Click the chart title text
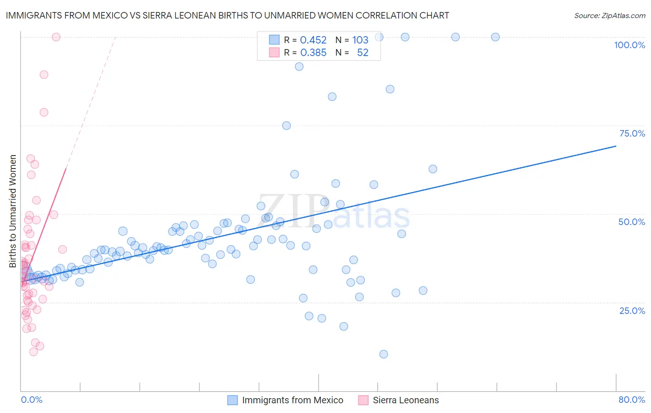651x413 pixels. point(227,16)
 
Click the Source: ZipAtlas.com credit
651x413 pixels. point(609,16)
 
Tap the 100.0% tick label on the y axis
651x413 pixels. point(629,45)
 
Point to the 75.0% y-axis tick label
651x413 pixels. point(632,133)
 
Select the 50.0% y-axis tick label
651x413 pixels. point(632,222)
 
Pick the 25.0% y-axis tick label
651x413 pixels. point(632,311)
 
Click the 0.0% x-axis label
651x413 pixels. point(31,400)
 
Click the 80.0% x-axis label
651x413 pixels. point(632,400)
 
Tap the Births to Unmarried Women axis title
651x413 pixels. point(13,211)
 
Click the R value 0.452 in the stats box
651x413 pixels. point(313,40)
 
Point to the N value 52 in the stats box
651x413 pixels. point(363,53)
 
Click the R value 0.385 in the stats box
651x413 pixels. point(313,53)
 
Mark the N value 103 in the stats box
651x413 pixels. point(360,40)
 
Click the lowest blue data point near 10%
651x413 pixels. point(383,354)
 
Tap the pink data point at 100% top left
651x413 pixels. point(56,37)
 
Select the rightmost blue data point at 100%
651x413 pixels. point(495,37)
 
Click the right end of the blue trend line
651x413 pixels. point(615,146)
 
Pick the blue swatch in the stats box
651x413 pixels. point(274,40)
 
